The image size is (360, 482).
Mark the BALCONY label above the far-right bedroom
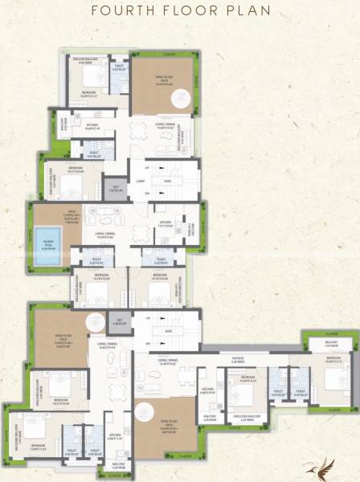pyautogui.click(x=329, y=342)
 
